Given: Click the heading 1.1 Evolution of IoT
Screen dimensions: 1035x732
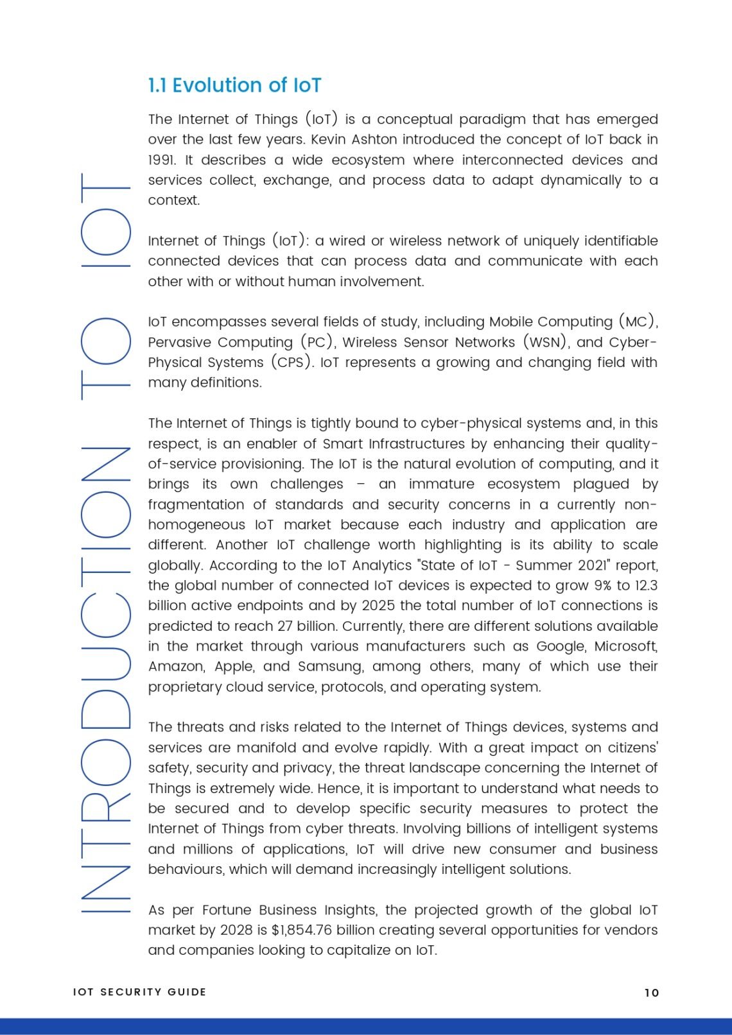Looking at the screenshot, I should tap(234, 85).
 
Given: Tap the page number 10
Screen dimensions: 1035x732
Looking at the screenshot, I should tap(651, 993).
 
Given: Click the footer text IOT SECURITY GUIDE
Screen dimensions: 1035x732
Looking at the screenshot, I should tap(139, 992).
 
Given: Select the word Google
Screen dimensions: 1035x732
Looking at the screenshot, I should tap(561, 646).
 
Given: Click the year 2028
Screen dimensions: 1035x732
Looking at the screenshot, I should tap(237, 930).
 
